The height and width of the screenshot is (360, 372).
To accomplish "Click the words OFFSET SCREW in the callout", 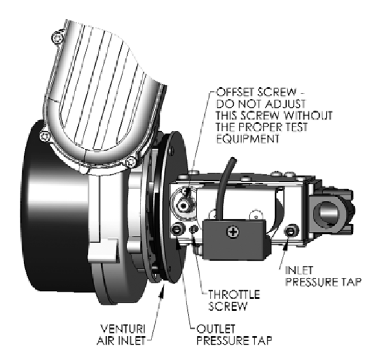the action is [x=256, y=92].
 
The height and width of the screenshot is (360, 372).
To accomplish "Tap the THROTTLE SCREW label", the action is [x=234, y=300].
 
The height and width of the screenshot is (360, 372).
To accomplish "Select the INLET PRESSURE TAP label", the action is [x=323, y=276].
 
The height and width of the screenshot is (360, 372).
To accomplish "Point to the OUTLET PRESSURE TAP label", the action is [x=235, y=335].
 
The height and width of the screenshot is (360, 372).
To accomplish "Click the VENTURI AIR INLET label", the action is [x=121, y=335].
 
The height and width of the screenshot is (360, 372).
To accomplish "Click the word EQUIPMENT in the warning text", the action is [x=248, y=139].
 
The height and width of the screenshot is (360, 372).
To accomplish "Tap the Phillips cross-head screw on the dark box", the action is [x=233, y=232].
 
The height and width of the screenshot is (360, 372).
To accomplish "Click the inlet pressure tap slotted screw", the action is [x=290, y=230].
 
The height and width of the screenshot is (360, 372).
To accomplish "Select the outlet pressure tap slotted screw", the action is [x=177, y=230].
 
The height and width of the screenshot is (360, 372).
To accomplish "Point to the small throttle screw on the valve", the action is [x=193, y=229].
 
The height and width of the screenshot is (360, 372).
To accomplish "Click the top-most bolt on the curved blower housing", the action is [x=58, y=38].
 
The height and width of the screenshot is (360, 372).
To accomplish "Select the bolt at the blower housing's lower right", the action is [x=131, y=162].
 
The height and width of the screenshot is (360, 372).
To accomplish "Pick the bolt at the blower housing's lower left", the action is [x=45, y=136].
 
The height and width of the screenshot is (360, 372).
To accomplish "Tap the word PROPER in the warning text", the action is [x=261, y=127].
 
